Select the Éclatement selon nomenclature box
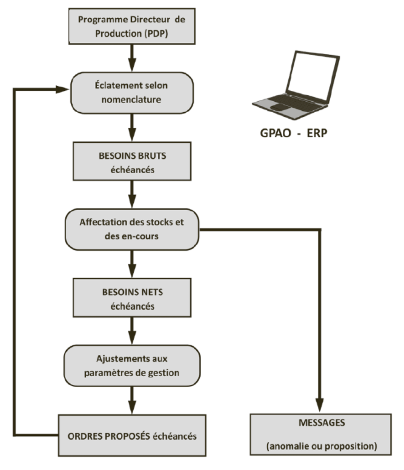(131, 91)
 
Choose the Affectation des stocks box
(131, 229)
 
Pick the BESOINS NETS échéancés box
(131, 298)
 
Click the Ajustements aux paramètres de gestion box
(131, 365)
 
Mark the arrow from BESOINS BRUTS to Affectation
(131, 194)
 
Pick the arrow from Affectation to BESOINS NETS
(131, 263)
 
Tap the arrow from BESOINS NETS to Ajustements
(131, 331)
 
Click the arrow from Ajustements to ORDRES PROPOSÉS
(131, 399)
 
